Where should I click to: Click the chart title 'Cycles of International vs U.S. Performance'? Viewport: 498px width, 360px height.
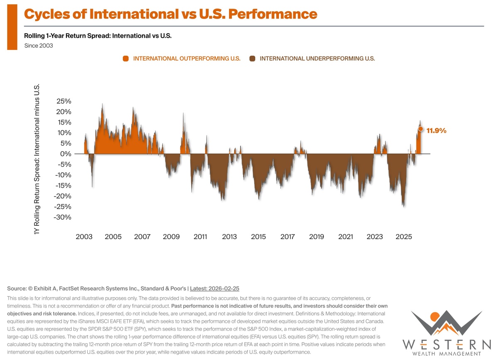(170, 14)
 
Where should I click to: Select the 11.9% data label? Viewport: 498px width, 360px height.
(436, 130)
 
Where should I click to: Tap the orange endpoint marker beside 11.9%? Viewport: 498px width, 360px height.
(420, 129)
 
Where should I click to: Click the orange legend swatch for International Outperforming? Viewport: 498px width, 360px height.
(126, 59)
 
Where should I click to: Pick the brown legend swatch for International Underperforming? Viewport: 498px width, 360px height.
(252, 59)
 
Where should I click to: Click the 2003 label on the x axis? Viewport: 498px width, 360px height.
(84, 237)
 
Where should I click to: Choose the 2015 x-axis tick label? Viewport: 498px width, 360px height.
(259, 237)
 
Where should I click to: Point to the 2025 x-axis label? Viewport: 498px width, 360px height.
(404, 237)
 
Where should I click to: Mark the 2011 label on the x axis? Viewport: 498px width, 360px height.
(200, 237)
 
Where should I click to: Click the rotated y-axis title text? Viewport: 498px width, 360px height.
(36, 159)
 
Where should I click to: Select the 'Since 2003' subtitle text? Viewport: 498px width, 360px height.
(39, 46)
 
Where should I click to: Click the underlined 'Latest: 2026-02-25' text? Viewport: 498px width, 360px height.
(215, 288)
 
